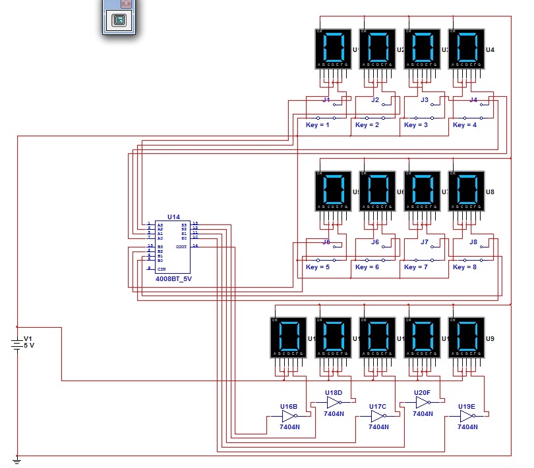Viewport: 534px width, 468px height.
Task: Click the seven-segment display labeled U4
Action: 467,49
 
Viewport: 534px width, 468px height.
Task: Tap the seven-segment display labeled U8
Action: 467,191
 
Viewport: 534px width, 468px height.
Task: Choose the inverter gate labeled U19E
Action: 467,417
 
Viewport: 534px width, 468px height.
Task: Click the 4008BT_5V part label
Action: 174,278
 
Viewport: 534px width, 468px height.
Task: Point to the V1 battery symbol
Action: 18,343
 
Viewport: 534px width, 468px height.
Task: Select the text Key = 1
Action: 318,124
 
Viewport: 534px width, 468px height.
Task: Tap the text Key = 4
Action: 465,124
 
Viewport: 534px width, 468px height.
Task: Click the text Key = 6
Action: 367,267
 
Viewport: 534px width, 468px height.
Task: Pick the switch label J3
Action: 425,100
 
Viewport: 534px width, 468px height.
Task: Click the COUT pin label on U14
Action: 181,246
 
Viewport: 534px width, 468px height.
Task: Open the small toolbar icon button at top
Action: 119,20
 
